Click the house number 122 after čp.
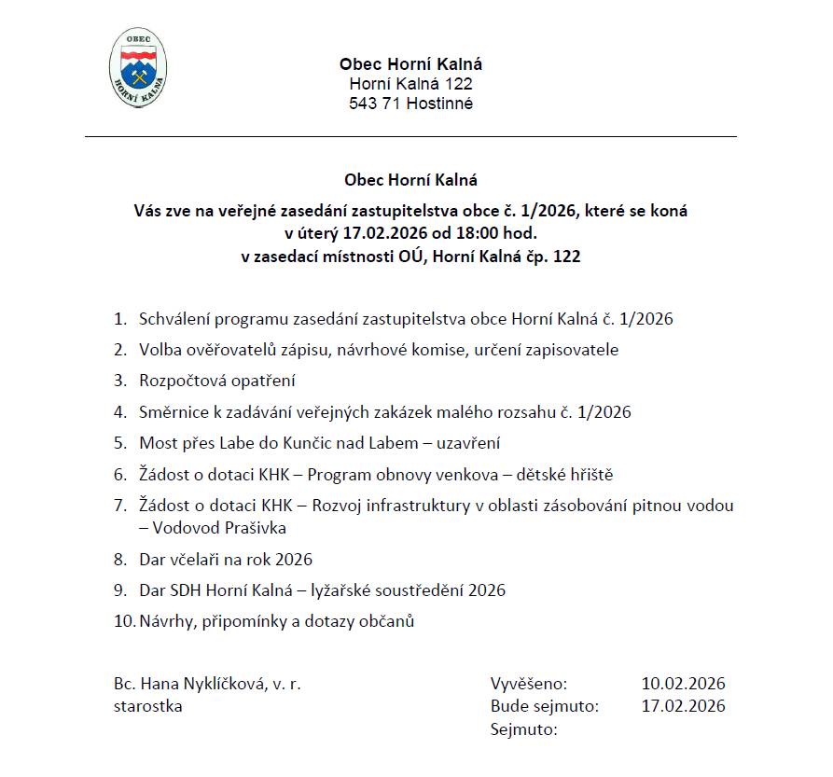click(x=567, y=256)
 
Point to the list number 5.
click(x=119, y=444)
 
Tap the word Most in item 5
click(x=156, y=444)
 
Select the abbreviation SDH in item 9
click(x=185, y=590)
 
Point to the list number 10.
click(x=123, y=621)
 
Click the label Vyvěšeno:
click(x=528, y=684)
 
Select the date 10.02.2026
click(x=683, y=684)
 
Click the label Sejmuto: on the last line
click(x=523, y=728)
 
